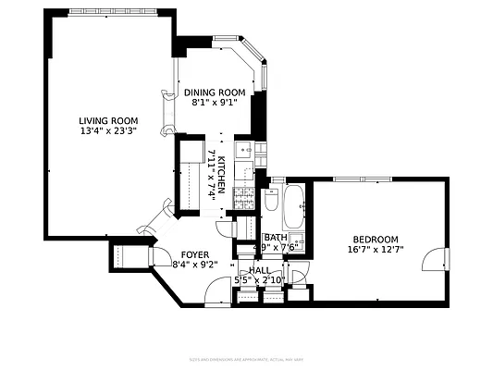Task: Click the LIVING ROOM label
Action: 108,120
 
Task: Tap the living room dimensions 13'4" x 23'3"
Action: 108,131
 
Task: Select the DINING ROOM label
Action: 214,92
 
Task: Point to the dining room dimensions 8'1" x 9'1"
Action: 214,103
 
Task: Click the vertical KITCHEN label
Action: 223,176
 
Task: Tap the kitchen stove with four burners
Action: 245,196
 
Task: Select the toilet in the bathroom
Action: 272,200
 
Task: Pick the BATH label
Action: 276,237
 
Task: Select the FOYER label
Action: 194,254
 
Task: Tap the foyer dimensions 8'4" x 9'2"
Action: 194,265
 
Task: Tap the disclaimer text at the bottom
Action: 246,358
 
